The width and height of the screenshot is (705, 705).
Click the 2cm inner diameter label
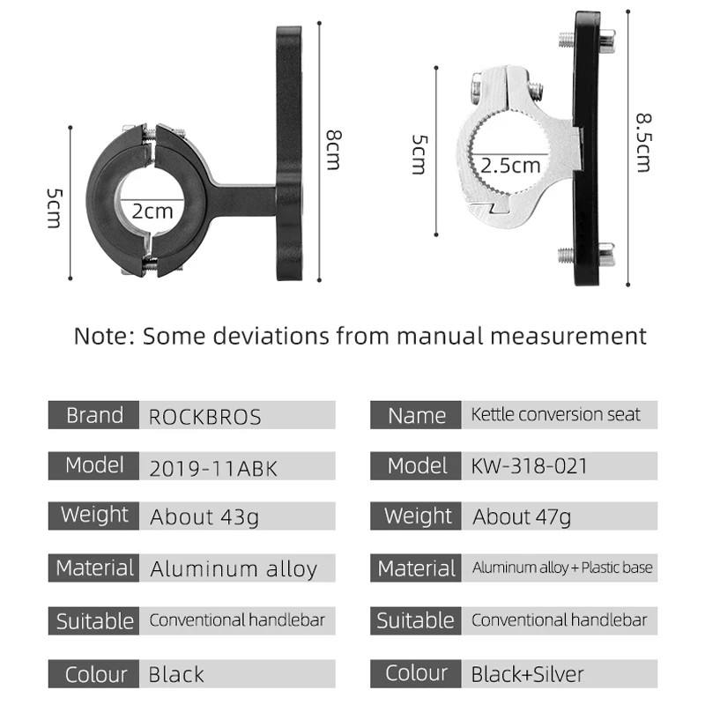(x=152, y=211)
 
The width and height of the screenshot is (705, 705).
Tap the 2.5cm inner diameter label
(x=510, y=166)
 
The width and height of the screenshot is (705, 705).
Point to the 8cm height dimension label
(x=334, y=150)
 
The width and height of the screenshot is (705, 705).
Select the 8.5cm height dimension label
(x=643, y=143)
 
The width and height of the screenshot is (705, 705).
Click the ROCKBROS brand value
(x=204, y=417)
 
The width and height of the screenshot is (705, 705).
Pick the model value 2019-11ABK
(x=213, y=469)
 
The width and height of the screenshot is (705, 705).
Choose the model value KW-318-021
(x=530, y=466)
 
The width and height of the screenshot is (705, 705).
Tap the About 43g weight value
(x=204, y=517)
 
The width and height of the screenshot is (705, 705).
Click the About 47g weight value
(x=522, y=516)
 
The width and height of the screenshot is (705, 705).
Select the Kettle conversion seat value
(x=556, y=414)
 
